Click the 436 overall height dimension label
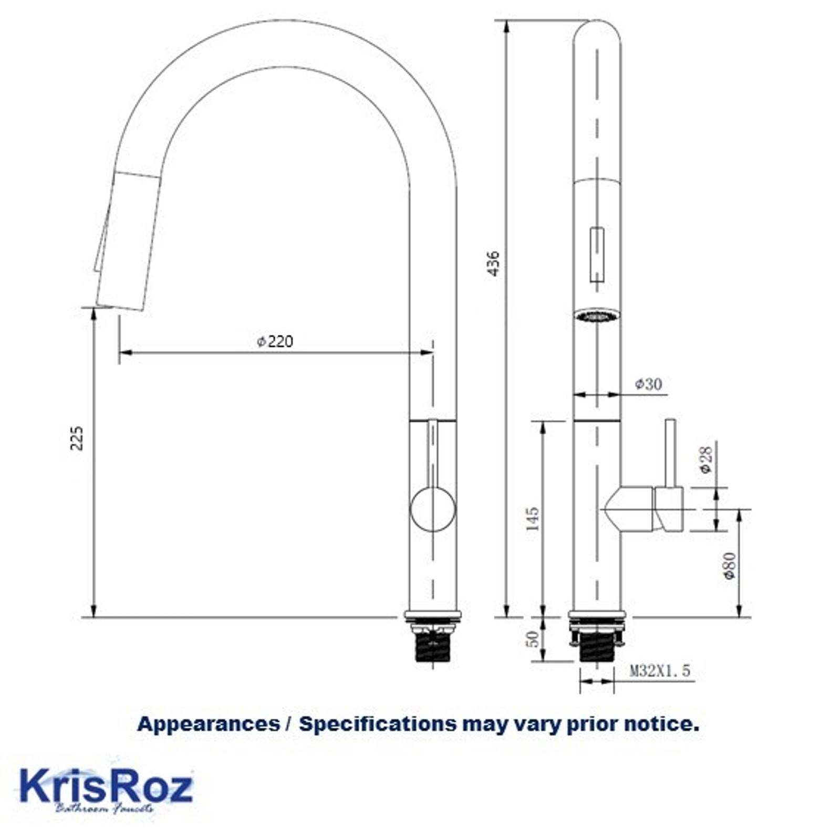pos(493,264)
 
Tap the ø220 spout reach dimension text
pos(275,342)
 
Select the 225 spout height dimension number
pos(77,438)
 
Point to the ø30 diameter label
pos(649,384)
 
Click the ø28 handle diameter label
pos(707,459)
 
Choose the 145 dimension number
pos(532,518)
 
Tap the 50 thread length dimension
pos(532,639)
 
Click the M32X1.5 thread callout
pos(660,670)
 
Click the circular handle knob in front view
pos(432,509)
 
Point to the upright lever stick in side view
pos(671,451)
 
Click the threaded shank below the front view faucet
pos(432,648)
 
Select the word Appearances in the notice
pos(208,724)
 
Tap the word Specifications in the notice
pos(377,724)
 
